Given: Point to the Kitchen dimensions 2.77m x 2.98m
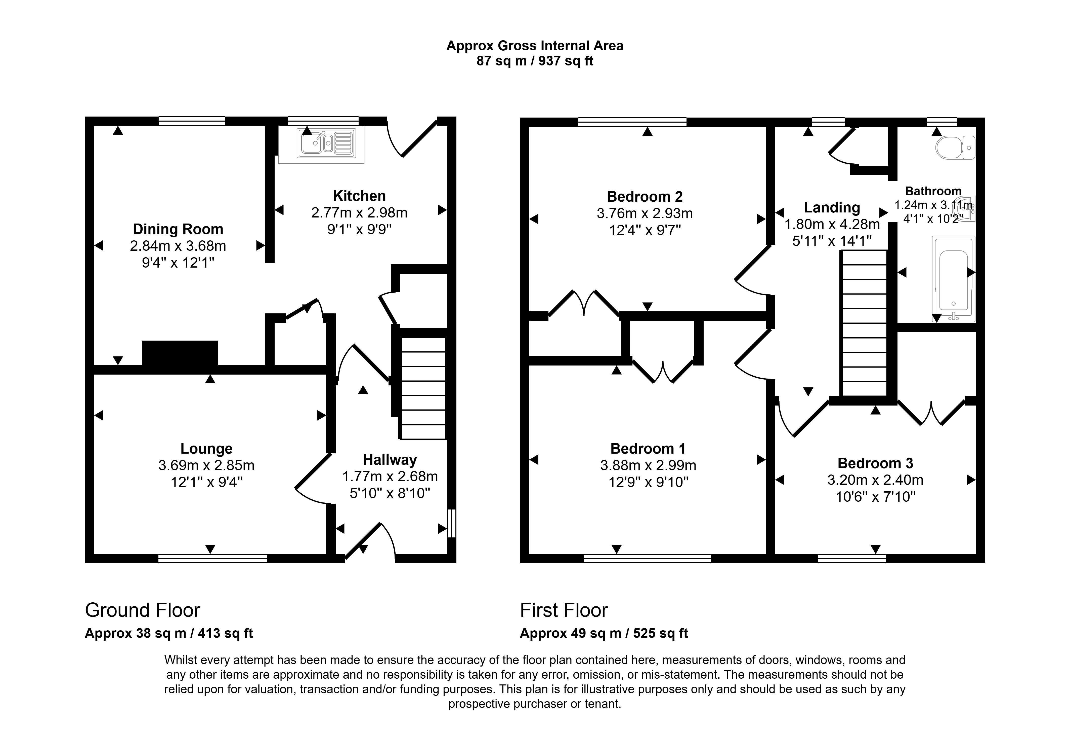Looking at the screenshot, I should [359, 212].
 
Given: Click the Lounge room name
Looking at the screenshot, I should [206, 448].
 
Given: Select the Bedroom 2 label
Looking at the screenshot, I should [645, 197].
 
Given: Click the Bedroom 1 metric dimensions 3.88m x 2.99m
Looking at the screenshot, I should [648, 465].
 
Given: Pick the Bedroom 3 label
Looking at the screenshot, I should [875, 463].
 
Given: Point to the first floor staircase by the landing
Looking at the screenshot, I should [864, 323].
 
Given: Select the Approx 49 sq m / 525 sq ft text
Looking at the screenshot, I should [604, 633].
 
